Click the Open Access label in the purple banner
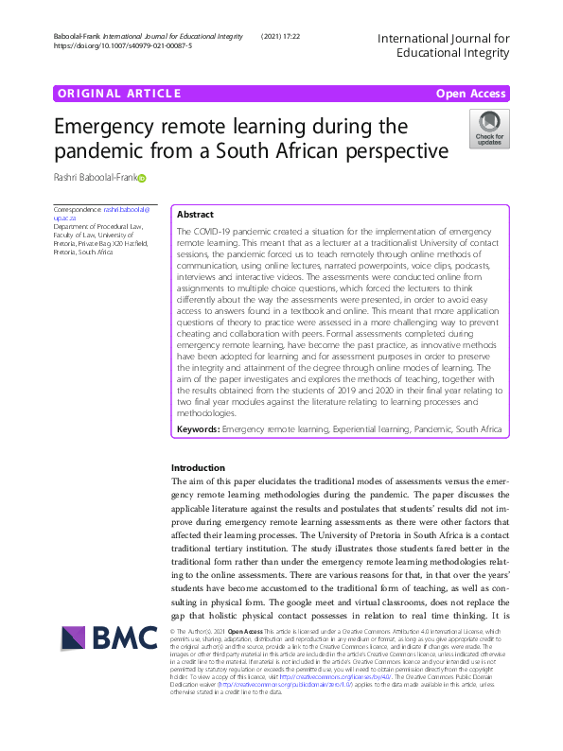(470, 93)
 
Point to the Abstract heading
(195, 215)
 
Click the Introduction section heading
(197, 468)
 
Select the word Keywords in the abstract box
(198, 428)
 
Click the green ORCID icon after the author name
(143, 178)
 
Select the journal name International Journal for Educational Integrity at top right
(443, 45)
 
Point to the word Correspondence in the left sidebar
(78, 207)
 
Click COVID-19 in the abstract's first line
(215, 232)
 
